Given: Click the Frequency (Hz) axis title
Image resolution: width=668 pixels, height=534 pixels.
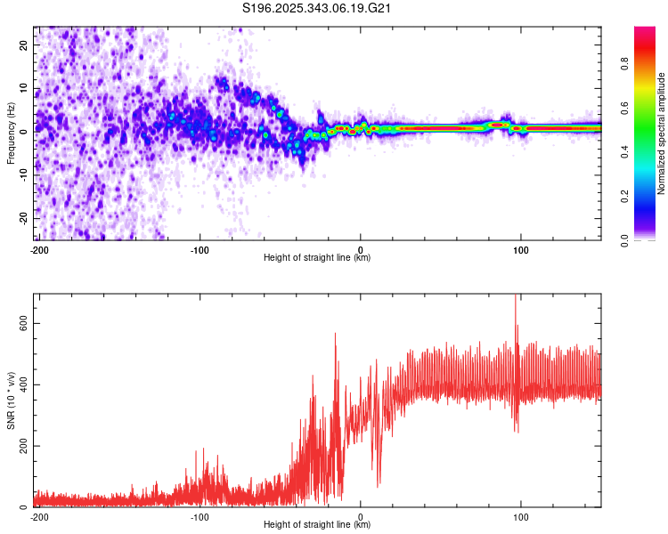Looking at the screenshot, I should point(12,133).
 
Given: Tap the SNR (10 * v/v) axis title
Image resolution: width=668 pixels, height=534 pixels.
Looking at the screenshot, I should point(12,400).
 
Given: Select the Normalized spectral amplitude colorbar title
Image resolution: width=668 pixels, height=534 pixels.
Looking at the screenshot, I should point(662,133).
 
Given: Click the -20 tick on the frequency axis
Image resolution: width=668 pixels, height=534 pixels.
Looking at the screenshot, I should point(24,217).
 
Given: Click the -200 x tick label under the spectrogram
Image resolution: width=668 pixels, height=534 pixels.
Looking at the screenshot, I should point(39,249).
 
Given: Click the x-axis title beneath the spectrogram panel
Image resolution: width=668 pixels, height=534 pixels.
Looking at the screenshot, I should point(317,258).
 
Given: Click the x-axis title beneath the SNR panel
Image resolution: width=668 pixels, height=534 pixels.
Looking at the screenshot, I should point(317,525).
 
